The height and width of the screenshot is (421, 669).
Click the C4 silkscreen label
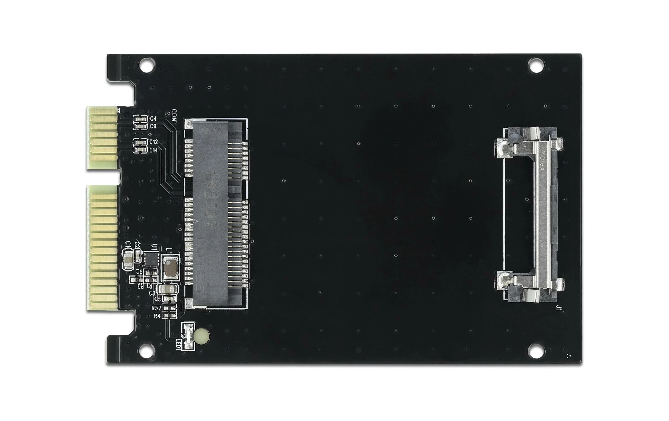tap(153, 119)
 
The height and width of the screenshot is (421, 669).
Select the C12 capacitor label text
tap(154, 142)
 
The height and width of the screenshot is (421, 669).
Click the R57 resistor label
tap(156, 308)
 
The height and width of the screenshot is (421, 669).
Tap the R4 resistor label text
tap(157, 316)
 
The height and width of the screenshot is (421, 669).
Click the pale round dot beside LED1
tap(202, 335)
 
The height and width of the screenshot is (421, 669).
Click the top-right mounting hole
tap(536, 65)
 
